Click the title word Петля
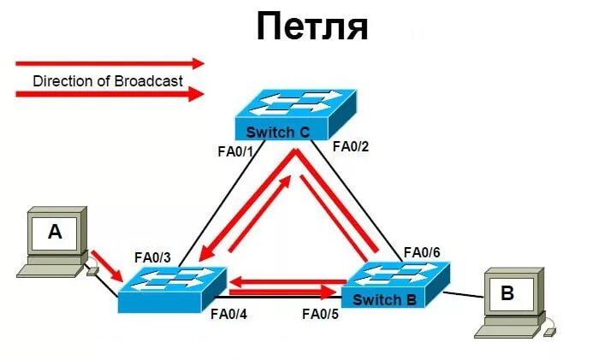pos(312,27)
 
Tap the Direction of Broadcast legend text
pos(107,81)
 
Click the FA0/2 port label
pos(349,146)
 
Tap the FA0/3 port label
pos(152,257)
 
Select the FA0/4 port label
pos(230,313)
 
